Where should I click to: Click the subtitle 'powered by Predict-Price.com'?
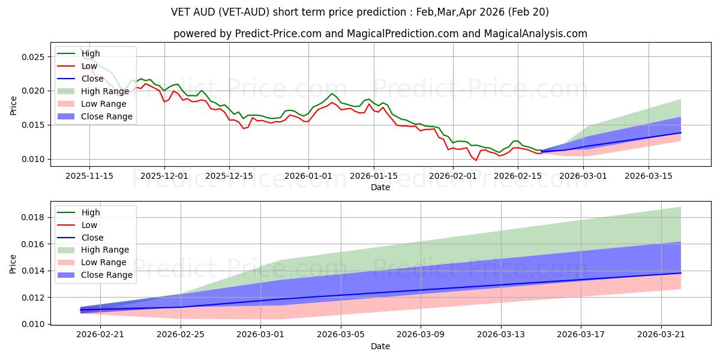click(x=380, y=34)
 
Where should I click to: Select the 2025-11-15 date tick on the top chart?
click(x=89, y=176)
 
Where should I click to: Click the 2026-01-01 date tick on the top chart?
click(x=308, y=176)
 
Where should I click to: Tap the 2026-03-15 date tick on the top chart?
click(x=648, y=176)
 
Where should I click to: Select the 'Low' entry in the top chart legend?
click(x=90, y=66)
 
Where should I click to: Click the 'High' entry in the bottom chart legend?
click(x=91, y=212)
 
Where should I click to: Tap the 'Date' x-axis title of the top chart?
click(x=380, y=187)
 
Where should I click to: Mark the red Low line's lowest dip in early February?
click(x=476, y=160)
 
